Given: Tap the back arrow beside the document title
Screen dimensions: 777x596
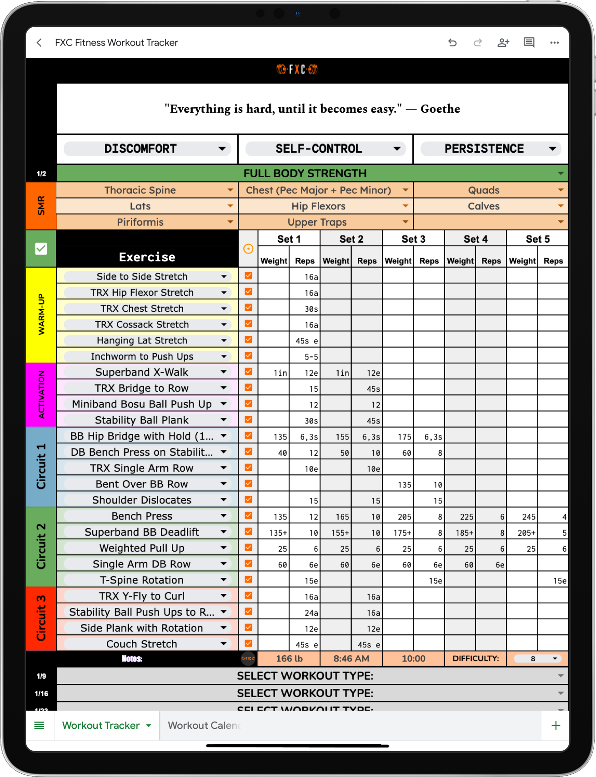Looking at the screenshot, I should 40,43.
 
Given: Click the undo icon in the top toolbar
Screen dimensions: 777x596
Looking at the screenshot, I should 452,43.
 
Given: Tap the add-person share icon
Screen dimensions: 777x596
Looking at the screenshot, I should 503,43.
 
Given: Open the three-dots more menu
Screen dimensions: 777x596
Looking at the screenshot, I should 554,43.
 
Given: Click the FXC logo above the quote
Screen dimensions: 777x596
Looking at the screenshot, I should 297,70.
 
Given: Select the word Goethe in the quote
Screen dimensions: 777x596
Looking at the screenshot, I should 440,109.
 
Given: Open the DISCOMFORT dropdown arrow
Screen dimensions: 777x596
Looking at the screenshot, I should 222,149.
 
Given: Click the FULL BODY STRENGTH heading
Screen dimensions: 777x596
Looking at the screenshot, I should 305,174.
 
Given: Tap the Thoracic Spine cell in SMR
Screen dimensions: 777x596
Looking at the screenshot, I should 140,190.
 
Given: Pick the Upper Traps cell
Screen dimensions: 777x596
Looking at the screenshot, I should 317,222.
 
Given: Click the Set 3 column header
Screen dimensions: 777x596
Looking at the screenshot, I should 413,239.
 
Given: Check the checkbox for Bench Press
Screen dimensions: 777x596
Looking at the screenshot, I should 248,515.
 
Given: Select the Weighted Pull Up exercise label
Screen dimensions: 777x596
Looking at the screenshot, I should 142,548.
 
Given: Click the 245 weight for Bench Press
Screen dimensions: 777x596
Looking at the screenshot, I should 528,517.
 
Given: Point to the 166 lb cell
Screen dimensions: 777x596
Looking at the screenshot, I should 289,658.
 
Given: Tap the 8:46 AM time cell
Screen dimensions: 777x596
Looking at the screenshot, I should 351,658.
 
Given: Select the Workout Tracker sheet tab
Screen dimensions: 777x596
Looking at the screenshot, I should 101,726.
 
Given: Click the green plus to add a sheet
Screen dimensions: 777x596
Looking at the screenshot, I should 556,726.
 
